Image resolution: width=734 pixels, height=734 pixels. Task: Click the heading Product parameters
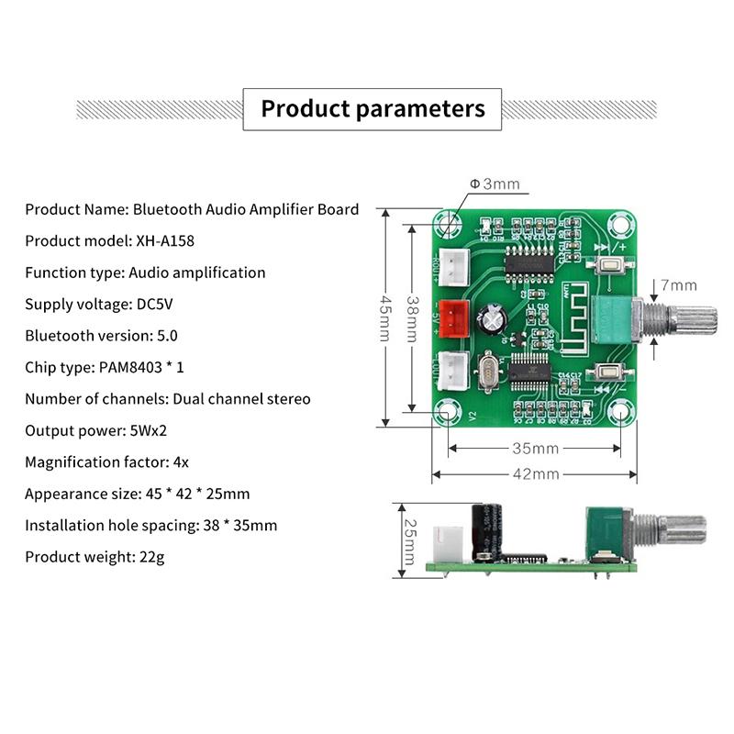373,109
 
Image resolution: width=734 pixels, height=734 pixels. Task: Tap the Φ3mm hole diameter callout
495,183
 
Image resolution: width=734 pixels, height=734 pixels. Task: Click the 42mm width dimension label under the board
535,474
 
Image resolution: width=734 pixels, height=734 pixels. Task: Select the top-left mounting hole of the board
449,224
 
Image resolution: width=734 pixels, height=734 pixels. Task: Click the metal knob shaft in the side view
674,533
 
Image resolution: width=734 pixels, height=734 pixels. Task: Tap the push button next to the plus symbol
608,267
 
